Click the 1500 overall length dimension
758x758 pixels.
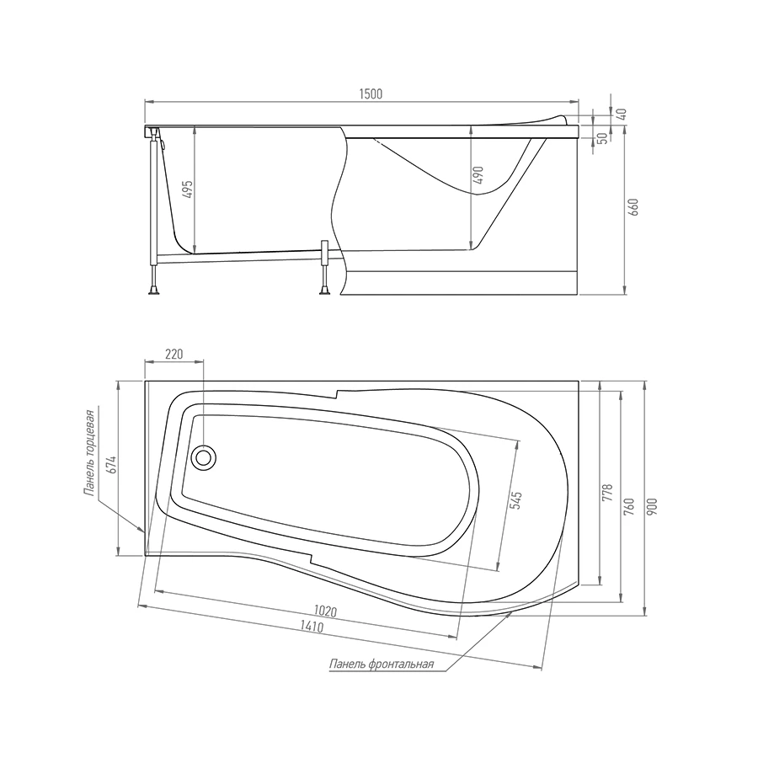pyautogui.click(x=371, y=93)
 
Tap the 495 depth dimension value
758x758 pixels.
pyautogui.click(x=188, y=189)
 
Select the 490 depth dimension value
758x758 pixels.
pyautogui.click(x=478, y=175)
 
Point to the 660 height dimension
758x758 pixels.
pyautogui.click(x=633, y=207)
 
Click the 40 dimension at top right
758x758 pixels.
pyautogui.click(x=622, y=114)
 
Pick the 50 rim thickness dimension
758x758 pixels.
pyautogui.click(x=602, y=138)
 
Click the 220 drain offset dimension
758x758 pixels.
pyautogui.click(x=174, y=355)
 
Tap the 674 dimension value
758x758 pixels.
pyautogui.click(x=111, y=465)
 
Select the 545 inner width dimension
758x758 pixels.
pyautogui.click(x=517, y=501)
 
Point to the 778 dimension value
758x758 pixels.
pyautogui.click(x=608, y=493)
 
